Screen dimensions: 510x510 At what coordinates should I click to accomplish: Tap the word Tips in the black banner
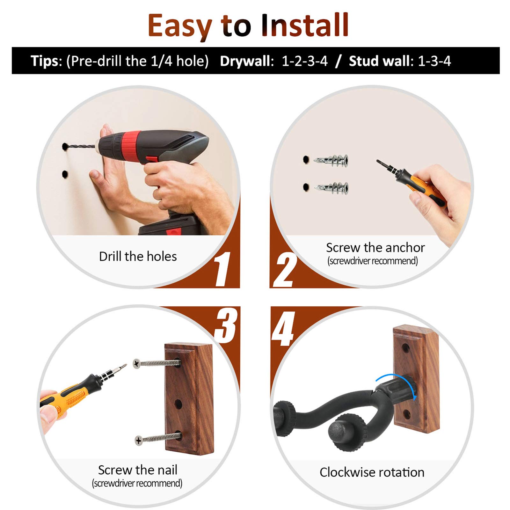[45, 61]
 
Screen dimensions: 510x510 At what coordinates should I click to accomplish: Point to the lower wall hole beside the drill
[65, 174]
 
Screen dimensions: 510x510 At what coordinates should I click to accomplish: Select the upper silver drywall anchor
[331, 160]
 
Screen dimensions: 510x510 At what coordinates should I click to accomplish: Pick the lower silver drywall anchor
[331, 188]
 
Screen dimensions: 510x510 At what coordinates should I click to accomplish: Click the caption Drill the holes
[138, 257]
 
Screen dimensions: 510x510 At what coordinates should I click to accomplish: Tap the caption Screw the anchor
[375, 248]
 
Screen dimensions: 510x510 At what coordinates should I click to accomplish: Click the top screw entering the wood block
[157, 363]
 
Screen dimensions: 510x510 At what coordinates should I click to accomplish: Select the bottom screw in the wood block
[158, 438]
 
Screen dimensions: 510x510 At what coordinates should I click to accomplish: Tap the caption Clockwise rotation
[372, 472]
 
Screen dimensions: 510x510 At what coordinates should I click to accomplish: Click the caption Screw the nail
[137, 470]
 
